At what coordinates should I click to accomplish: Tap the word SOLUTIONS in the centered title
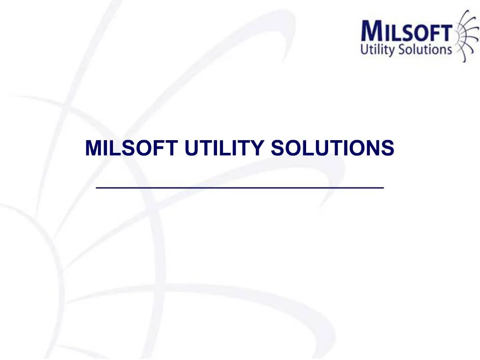click(x=332, y=149)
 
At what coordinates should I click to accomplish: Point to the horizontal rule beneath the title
click(x=240, y=187)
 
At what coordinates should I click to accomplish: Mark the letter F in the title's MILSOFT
click(x=160, y=149)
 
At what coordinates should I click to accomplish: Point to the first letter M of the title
click(x=94, y=149)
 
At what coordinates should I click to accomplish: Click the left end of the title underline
click(x=97, y=187)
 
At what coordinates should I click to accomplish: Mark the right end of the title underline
click(x=382, y=187)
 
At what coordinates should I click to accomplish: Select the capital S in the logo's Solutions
click(x=403, y=49)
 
